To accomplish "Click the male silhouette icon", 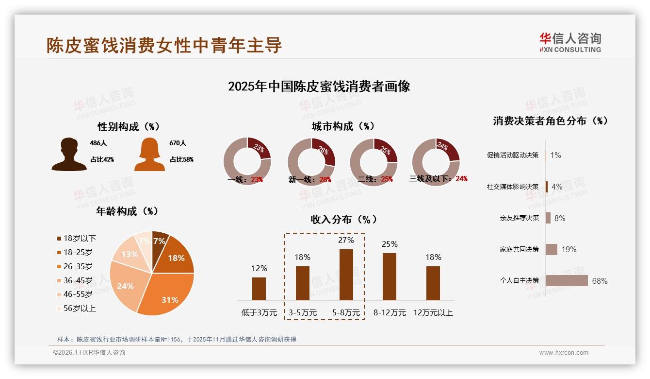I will [69, 155].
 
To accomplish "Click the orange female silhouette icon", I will [149, 155].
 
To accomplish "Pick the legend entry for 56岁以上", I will [76, 309].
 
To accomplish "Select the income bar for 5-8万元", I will [346, 275].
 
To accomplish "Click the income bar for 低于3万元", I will [259, 289].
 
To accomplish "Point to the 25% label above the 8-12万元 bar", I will [390, 244].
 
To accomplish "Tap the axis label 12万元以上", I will [433, 313].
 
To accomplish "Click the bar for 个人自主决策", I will [567, 281].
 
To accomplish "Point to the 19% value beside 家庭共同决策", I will [569, 250].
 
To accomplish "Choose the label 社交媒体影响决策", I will [513, 187].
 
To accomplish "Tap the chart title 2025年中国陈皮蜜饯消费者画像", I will [319, 86].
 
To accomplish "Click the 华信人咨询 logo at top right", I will [570, 43].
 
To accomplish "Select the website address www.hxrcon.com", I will [564, 353].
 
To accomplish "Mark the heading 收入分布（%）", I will [343, 220].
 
